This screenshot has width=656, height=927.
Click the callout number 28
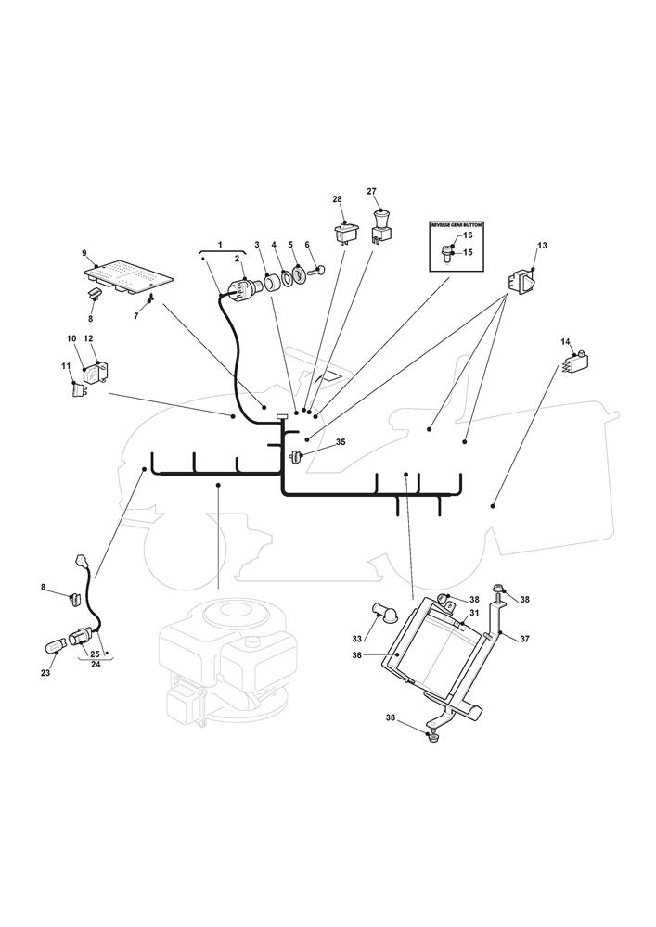337,199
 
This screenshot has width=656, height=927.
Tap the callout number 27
372,192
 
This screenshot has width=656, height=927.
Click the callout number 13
542,246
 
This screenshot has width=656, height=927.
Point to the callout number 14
565,342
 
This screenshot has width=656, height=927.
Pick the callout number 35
341,442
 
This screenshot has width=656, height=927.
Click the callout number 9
84,253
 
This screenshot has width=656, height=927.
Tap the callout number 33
355,638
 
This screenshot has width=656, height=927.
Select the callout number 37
524,639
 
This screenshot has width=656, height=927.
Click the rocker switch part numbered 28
347,232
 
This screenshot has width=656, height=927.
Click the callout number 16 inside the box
468,235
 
